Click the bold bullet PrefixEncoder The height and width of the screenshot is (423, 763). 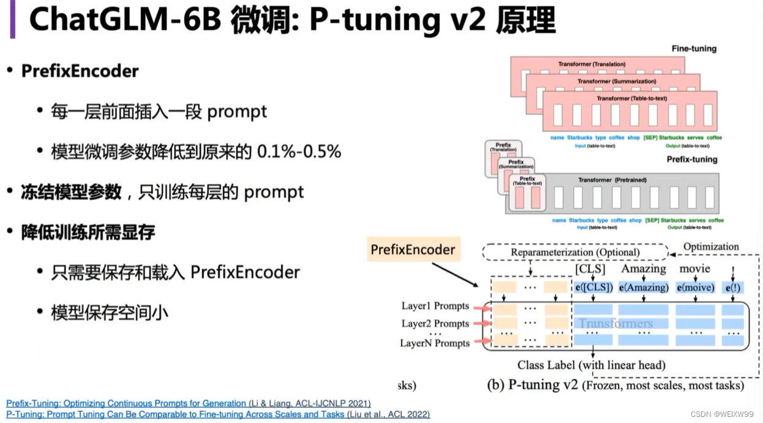coord(80,71)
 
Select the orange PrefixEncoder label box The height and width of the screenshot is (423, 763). coord(413,250)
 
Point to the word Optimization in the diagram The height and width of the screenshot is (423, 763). coord(710,246)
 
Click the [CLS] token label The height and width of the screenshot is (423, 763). coord(590,269)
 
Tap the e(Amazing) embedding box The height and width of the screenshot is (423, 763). coord(643,287)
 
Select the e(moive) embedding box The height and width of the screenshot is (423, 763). coord(696,287)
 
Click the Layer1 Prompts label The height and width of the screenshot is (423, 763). coord(435,306)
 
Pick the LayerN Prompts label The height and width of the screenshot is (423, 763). coord(435,343)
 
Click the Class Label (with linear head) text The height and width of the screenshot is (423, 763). coord(591,365)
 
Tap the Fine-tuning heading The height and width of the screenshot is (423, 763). coord(694,48)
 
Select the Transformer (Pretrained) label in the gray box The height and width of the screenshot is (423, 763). coord(612,180)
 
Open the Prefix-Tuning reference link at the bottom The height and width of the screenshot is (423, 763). coord(126,403)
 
